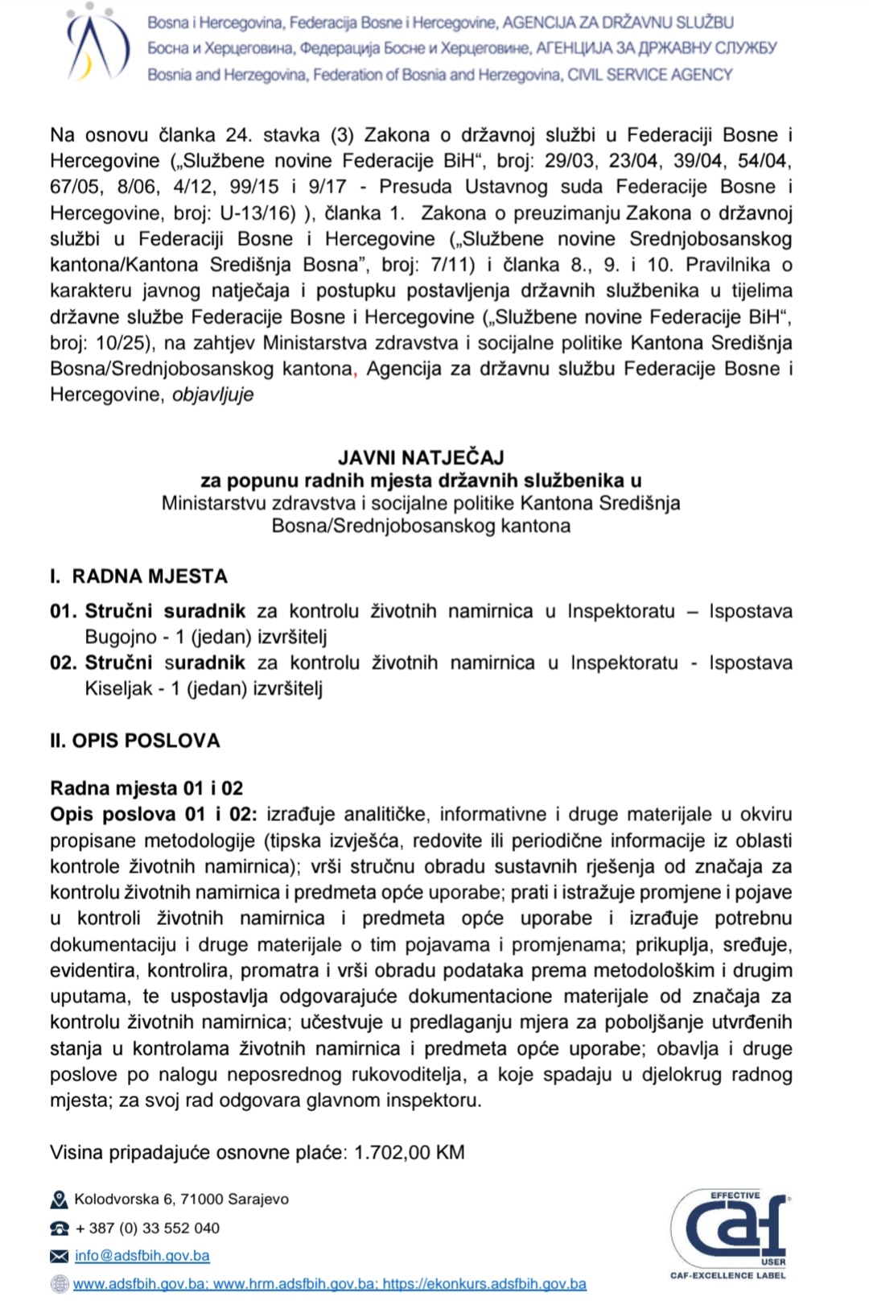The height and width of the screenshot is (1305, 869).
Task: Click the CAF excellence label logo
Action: tap(729, 1233)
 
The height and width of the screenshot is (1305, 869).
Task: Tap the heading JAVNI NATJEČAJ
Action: tap(421, 457)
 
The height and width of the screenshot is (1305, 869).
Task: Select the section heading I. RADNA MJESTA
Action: tap(139, 576)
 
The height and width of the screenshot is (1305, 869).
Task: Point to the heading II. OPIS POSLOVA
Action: tap(135, 741)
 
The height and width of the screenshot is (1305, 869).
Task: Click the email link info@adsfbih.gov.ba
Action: tap(142, 1255)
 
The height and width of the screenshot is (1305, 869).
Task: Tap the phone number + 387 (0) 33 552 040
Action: tap(147, 1228)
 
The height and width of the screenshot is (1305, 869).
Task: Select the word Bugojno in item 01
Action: tap(121, 637)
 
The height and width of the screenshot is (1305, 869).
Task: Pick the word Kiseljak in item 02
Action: tap(119, 688)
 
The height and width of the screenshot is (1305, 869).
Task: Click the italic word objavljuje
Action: tap(213, 394)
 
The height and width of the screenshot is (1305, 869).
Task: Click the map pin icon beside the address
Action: tap(59, 1200)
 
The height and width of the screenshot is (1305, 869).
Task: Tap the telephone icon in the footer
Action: tap(59, 1229)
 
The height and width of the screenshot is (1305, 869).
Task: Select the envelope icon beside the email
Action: tap(59, 1256)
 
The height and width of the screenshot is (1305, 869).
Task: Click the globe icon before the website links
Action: tap(59, 1284)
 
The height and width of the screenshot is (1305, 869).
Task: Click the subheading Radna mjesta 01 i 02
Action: tap(146, 788)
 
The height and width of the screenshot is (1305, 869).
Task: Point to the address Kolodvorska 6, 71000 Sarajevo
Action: tap(181, 1200)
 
